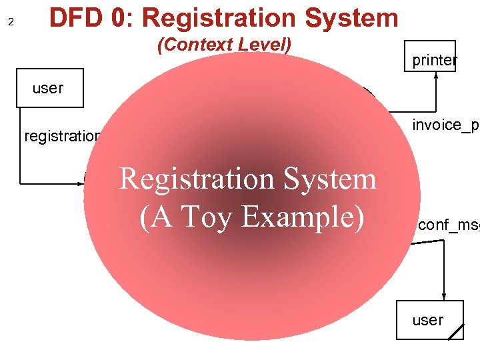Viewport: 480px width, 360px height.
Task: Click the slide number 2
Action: pos(11,22)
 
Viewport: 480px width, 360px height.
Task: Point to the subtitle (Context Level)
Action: pos(224,45)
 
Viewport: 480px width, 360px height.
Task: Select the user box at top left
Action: pos(50,88)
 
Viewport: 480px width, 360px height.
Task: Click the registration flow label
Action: pos(62,137)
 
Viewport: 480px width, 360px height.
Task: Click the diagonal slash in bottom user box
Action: pos(456,332)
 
